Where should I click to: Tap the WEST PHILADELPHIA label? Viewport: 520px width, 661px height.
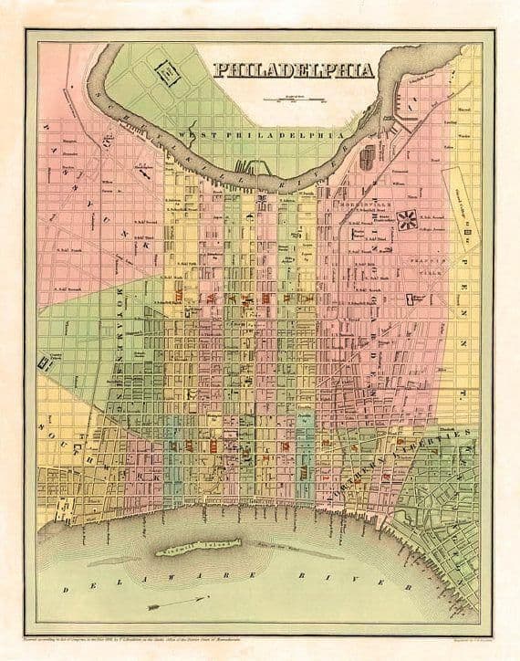coord(264,134)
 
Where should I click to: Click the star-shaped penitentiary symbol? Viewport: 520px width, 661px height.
coord(409,219)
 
